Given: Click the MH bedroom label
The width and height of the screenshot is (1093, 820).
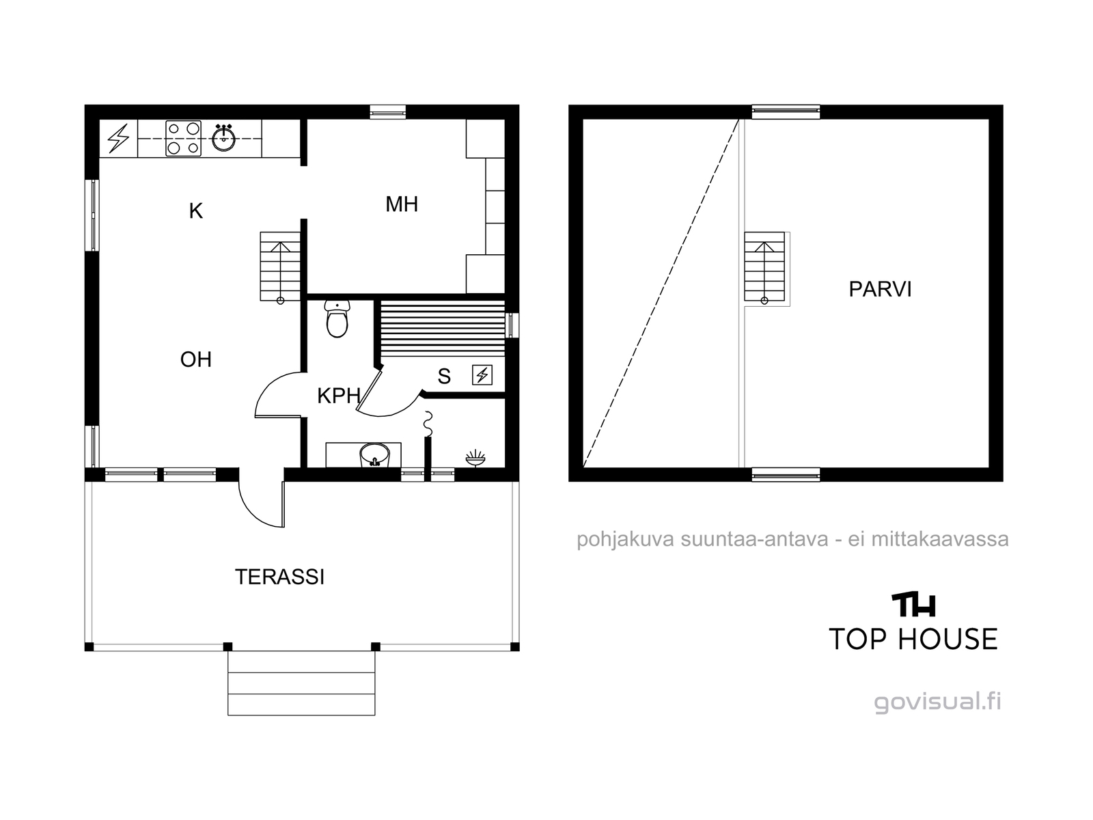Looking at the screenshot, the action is (402, 204).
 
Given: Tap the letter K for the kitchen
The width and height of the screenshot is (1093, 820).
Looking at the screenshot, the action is (195, 211).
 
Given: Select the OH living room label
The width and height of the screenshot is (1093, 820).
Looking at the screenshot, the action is (195, 359).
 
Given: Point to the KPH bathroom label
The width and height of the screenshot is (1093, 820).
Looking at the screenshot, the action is (339, 396).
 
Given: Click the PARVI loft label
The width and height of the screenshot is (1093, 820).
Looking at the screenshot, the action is (880, 289).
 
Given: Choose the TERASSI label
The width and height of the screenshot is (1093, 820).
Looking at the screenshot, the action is (279, 577).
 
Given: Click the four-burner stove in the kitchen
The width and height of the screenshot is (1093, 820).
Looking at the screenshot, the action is (184, 139).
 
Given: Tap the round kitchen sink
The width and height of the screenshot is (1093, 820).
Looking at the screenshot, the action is (224, 138).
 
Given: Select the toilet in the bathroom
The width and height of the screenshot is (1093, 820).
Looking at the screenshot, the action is (337, 319).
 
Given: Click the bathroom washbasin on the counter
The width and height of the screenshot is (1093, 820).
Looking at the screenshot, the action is (374, 455).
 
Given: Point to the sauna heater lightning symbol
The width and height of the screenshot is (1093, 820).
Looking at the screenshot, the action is (482, 375).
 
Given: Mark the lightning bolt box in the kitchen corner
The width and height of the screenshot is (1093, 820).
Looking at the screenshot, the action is (118, 139).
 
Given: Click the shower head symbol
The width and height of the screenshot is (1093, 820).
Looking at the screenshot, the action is (475, 458).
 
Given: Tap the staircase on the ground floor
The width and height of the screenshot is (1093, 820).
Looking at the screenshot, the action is (280, 267).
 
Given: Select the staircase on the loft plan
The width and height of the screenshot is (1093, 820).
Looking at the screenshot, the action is (764, 267).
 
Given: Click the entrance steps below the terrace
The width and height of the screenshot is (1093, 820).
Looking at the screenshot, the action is (301, 683).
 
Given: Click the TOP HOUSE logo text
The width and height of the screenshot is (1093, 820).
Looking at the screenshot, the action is (913, 639).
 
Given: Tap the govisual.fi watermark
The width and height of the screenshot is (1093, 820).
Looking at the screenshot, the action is (937, 702).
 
